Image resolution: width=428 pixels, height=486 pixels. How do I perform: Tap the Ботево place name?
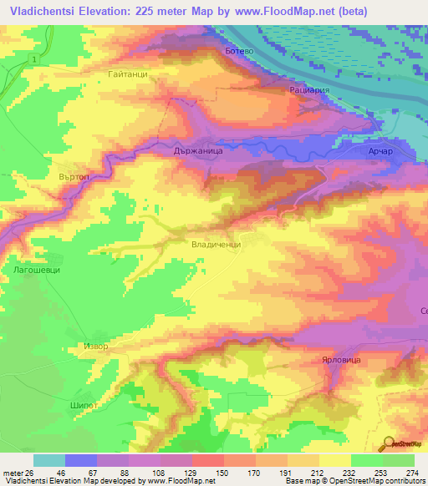pos(239,51)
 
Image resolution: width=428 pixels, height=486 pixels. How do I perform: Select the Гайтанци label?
pos(128,74)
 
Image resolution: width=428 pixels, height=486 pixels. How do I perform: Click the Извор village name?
pos(95,344)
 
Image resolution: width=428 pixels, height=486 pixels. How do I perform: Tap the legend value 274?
pos(411,472)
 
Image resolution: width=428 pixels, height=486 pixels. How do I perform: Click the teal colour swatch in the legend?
pos(48,459)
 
